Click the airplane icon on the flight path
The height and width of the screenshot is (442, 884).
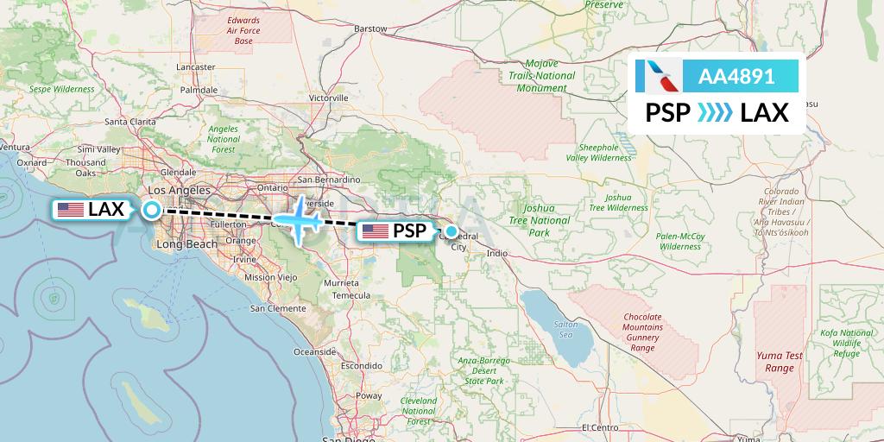pyautogui.click(x=299, y=219)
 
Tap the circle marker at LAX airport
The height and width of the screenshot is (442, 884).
pyautogui.click(x=151, y=209)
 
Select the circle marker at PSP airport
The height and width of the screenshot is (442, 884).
pyautogui.click(x=451, y=231)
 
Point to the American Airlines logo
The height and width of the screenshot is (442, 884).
pyautogui.click(x=658, y=76)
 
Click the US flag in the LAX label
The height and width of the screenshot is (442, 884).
pyautogui.click(x=70, y=209)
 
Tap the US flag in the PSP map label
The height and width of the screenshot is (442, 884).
pyautogui.click(x=376, y=231)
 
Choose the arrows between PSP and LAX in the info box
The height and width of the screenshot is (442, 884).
pyautogui.click(x=715, y=112)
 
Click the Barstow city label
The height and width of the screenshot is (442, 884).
pyautogui.click(x=371, y=28)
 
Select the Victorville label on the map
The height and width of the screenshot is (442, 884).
pyautogui.click(x=328, y=98)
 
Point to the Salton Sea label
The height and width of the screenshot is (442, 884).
pyautogui.click(x=565, y=329)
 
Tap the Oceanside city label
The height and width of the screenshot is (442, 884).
pyautogui.click(x=314, y=352)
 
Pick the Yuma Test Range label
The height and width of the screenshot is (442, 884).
pyautogui.click(x=773, y=362)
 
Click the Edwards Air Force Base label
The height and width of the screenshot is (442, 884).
pyautogui.click(x=243, y=30)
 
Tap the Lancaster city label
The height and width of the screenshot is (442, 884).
pyautogui.click(x=195, y=66)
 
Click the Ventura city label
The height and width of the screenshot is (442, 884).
pyautogui.click(x=16, y=147)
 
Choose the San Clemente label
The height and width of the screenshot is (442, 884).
pyautogui.click(x=278, y=308)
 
